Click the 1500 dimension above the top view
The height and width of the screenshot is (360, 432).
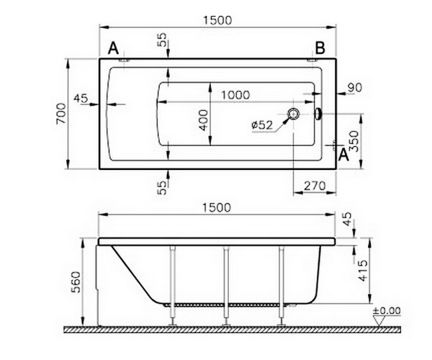coord(217,20)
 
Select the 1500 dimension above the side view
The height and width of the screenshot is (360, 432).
coord(216,207)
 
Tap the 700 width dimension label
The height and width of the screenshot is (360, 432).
coord(61,114)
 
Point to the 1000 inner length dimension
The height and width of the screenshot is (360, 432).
coord(235,95)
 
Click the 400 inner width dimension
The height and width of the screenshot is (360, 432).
coord(204,120)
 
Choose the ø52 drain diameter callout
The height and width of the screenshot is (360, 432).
coord(262,125)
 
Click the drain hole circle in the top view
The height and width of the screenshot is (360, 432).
coord(294,114)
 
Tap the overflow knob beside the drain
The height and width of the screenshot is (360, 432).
coord(319,114)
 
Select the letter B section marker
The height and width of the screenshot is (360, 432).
coord(320,48)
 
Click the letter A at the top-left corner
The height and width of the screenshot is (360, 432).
coord(113,48)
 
